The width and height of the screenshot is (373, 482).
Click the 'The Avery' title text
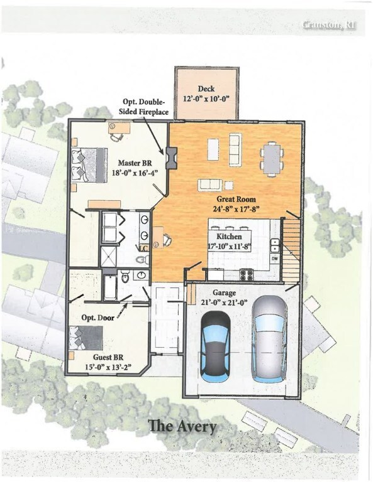coord(182,426)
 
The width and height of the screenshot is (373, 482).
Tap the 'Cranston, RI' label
coord(329,25)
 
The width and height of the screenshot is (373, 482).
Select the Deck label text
coord(206,89)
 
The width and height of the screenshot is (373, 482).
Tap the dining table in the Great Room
coord(272,157)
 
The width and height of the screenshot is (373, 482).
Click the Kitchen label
coord(230,235)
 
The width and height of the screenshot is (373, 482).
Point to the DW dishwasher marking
coord(275,258)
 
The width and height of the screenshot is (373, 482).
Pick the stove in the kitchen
coord(247,274)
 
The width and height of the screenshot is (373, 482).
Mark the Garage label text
coord(224,292)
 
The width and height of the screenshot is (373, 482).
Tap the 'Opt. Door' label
coord(98,318)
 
